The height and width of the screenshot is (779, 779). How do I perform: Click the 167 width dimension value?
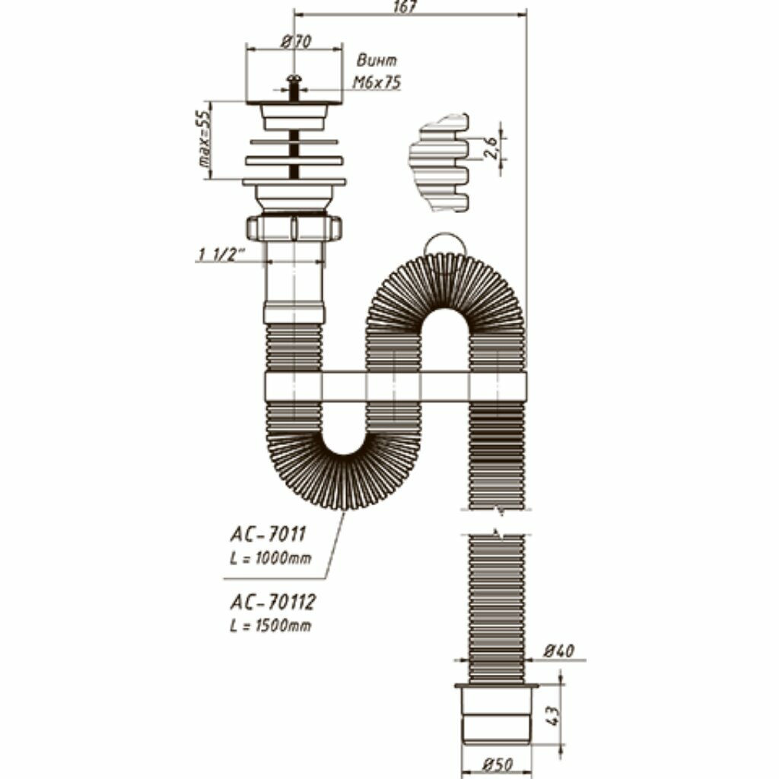tap(408, 7)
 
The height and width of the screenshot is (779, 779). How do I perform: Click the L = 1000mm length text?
tap(270, 558)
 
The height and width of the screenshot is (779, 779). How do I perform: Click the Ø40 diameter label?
tap(559, 651)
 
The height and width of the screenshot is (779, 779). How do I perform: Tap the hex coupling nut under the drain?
tap(294, 227)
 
